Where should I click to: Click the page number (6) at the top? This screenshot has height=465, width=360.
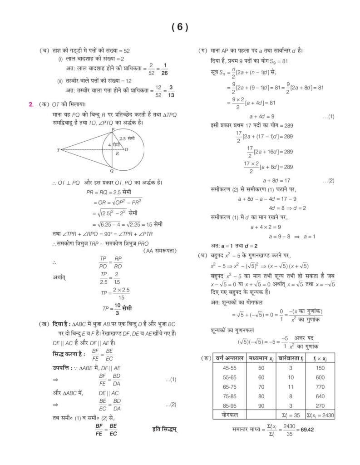coord(180,27)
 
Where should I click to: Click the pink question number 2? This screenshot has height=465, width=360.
coord(31,104)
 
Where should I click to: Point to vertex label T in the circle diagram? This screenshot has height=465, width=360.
coord(58,150)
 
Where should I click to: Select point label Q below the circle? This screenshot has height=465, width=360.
coord(112,171)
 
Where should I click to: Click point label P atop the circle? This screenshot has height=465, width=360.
coord(113,130)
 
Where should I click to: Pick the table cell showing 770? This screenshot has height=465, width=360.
coord(320,387)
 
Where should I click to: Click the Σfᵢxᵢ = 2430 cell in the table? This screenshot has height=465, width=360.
coord(320,415)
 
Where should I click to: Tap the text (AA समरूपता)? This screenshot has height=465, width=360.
coord(160,251)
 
